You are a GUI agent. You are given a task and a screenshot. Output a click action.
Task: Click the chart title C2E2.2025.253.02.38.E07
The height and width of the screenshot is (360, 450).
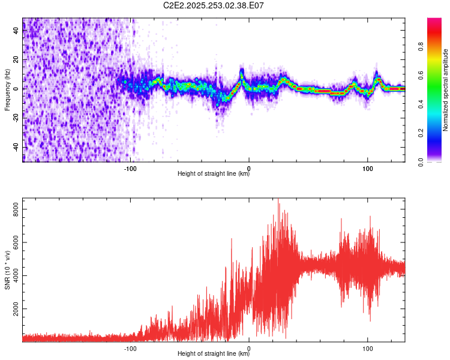pyautogui.click(x=214, y=5)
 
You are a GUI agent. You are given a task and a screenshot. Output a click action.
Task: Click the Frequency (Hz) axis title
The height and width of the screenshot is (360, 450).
pyautogui.click(x=7, y=89)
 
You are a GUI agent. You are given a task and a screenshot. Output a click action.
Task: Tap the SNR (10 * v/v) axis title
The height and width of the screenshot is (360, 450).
pyautogui.click(x=7, y=269)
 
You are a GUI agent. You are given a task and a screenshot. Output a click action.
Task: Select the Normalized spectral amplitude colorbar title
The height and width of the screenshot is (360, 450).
pyautogui.click(x=446, y=89)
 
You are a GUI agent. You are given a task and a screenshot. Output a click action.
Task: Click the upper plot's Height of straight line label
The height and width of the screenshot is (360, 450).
pyautogui.click(x=214, y=174)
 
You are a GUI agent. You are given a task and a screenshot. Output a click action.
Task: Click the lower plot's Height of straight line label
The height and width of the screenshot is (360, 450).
pyautogui.click(x=214, y=354)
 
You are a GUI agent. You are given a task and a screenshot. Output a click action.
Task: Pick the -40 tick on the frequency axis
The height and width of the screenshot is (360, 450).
pyautogui.click(x=14, y=147)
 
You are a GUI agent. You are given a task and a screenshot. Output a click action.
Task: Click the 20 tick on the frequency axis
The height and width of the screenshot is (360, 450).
pyautogui.click(x=16, y=60)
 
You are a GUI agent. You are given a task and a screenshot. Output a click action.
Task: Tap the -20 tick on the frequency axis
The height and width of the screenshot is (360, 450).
pyautogui.click(x=14, y=118)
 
